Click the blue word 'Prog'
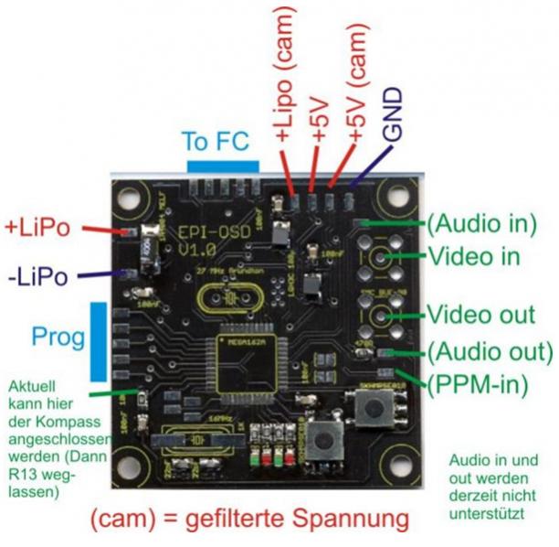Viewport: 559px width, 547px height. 58,337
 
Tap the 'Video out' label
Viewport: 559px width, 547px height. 480,316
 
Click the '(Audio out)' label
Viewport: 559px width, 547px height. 489,351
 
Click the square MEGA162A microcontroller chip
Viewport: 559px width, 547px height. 240,359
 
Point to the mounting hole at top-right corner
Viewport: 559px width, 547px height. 397,196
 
